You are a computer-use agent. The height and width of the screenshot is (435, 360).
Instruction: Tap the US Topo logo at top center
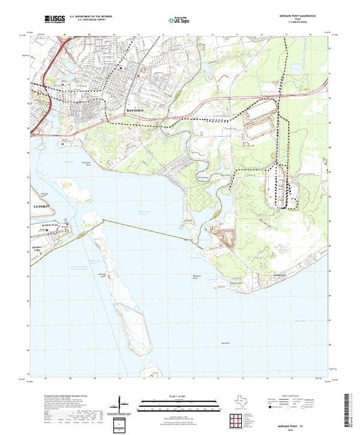tap(179, 21)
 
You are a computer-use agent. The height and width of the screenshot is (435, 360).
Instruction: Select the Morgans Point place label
tap(63, 225)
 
